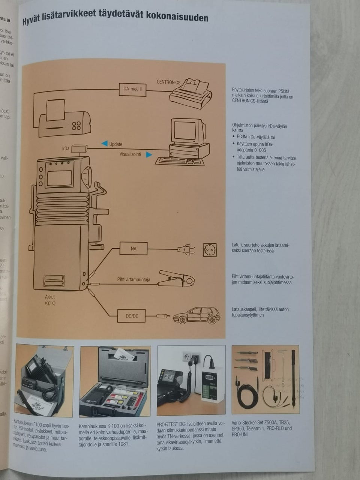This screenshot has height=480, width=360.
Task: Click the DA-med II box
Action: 132,89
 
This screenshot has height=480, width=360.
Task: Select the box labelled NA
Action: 133,249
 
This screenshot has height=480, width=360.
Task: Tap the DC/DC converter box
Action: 132,316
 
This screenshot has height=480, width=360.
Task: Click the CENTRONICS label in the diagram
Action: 168,82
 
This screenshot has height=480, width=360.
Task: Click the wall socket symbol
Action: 210,249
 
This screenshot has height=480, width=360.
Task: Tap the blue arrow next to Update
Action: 104,143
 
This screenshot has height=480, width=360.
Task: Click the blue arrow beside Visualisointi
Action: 149,154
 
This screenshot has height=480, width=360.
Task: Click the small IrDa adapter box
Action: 79,148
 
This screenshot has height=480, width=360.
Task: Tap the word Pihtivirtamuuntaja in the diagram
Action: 133,280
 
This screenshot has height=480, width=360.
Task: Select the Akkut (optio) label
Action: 50,300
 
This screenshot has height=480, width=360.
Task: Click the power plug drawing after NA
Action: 186,249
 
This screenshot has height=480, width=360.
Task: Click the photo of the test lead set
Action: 265,379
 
